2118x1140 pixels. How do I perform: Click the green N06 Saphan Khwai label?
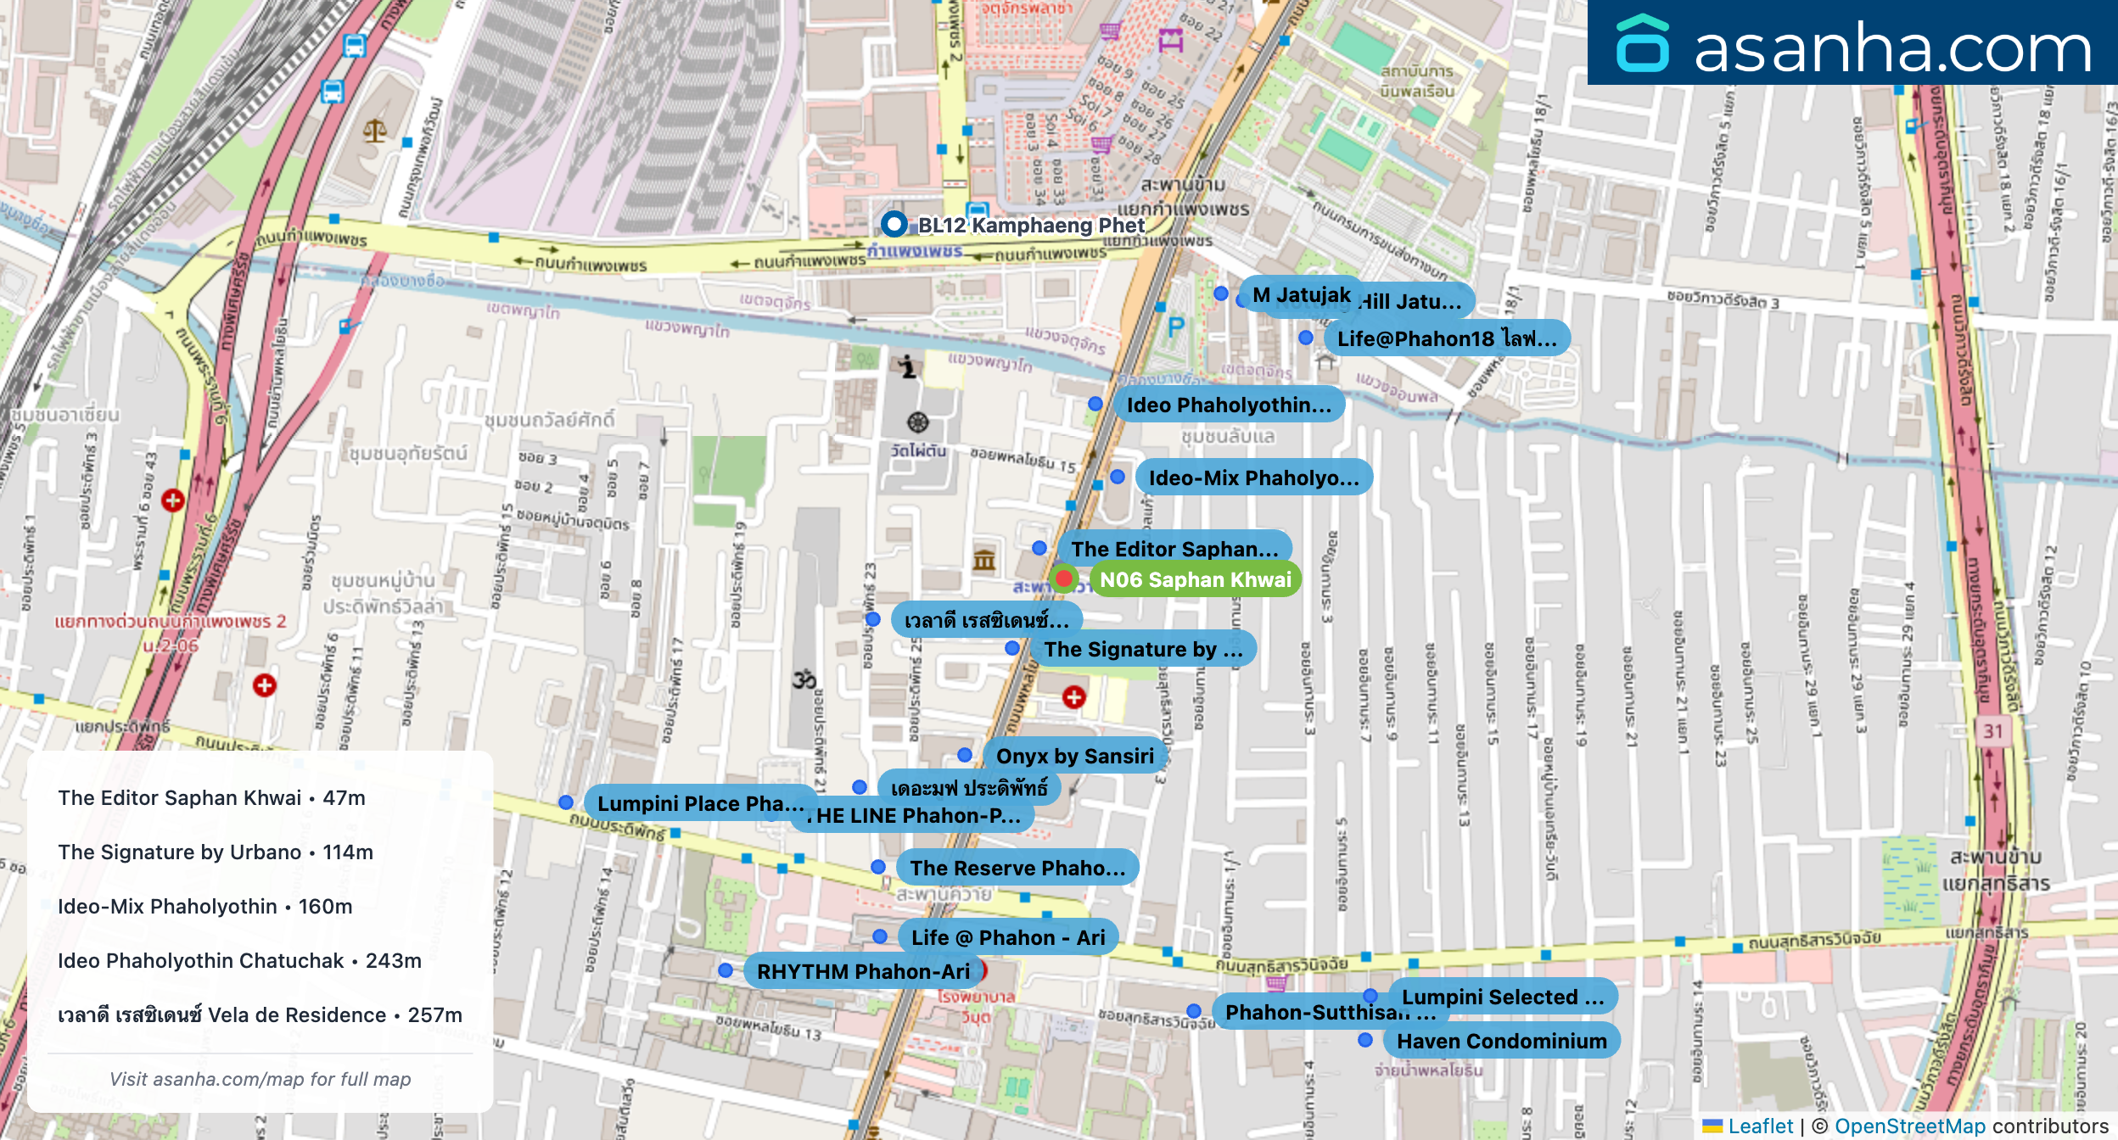[x=1195, y=579]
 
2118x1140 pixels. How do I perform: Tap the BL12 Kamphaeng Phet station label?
[x=1030, y=225]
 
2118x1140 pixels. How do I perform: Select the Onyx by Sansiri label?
[x=1074, y=756]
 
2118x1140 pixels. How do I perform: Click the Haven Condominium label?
[x=1501, y=1041]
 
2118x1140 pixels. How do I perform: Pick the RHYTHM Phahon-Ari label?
[x=862, y=971]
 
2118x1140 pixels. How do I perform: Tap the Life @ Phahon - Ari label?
[x=1007, y=937]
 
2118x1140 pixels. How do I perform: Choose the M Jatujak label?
[x=1300, y=295]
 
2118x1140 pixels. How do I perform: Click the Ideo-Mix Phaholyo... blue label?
[x=1252, y=478]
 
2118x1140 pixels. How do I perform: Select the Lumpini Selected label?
[x=1502, y=997]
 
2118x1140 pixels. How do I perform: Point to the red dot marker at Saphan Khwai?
[x=1063, y=578]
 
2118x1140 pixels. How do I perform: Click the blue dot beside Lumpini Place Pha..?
[x=566, y=802]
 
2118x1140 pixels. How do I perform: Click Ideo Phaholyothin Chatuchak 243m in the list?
[x=239, y=960]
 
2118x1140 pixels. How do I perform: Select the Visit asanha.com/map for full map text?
[x=260, y=1079]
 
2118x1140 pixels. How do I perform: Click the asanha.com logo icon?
[x=1643, y=44]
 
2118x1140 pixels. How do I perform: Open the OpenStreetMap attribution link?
[x=1909, y=1126]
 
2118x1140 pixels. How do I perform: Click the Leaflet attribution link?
[x=1760, y=1126]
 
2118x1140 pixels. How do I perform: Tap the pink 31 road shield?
[x=1993, y=731]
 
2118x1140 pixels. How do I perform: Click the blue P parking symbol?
[x=1175, y=327]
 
